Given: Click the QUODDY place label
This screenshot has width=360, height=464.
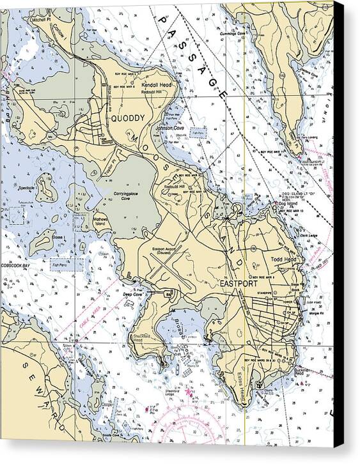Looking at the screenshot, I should pyautogui.click(x=128, y=118).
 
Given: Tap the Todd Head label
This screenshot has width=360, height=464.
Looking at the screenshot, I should pyautogui.click(x=285, y=259).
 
